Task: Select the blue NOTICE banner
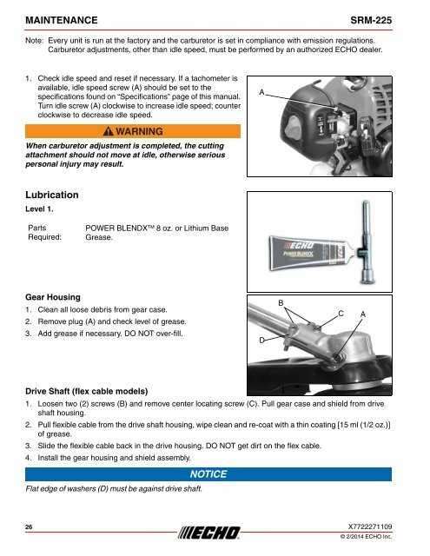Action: pos(208,474)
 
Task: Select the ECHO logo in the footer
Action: pos(215,533)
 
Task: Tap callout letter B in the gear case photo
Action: pos(280,301)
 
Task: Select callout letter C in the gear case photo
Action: pos(341,311)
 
